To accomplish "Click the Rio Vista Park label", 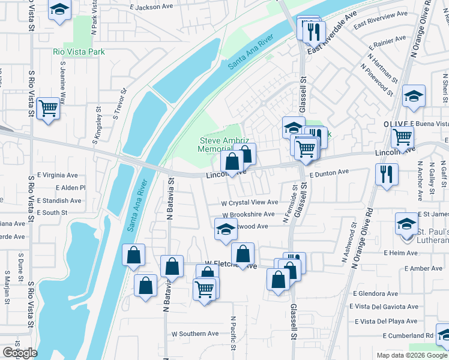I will tap(79, 52).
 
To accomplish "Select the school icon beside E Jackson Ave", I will tap(59, 10).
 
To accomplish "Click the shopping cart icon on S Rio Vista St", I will tap(48, 109).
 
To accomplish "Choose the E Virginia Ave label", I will tap(58, 176).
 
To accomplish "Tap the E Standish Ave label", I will tap(58, 200).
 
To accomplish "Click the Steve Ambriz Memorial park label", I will tap(223, 145).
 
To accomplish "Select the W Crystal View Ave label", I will tap(250, 203).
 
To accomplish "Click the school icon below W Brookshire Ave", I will tap(226, 230).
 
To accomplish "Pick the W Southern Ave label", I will tap(195, 334).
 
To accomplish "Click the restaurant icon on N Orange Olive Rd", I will tap(385, 175).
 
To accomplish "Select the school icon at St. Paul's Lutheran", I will tap(406, 224).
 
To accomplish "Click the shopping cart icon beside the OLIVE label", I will tap(402, 136).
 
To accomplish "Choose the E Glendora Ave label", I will tap(376, 294).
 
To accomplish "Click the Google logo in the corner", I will tap(20, 353).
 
